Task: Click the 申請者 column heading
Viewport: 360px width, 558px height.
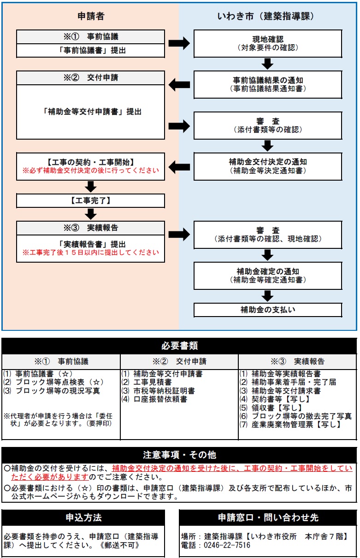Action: (91, 16)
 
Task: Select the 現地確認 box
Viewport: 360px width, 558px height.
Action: (267, 43)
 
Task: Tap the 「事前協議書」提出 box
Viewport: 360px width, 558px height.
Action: (91, 51)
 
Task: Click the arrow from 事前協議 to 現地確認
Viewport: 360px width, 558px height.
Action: (179, 43)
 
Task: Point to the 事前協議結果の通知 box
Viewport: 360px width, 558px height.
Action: (267, 84)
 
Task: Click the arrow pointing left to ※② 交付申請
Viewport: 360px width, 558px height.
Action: (179, 85)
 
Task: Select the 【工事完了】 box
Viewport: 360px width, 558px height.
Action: (91, 200)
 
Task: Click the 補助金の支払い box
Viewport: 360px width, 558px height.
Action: (267, 310)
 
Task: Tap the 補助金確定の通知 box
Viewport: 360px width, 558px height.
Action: (267, 276)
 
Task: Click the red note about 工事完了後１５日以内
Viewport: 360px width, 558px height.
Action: (91, 253)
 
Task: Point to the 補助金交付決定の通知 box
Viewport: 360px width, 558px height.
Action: (267, 166)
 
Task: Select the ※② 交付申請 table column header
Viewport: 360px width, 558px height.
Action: (179, 361)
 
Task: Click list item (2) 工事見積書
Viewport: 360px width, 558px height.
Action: (147, 382)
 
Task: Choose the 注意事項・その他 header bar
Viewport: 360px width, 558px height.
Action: (179, 455)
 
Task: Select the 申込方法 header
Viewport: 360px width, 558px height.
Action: (83, 517)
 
